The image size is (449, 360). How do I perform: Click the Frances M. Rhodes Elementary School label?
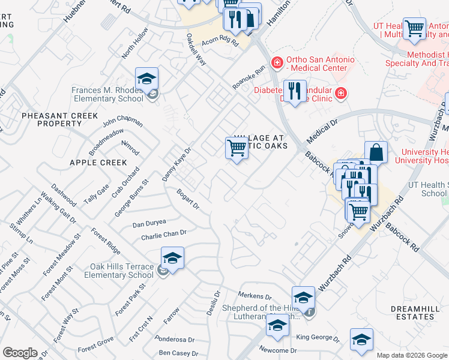click(108, 94)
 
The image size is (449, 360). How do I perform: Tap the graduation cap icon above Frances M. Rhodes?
click(146, 79)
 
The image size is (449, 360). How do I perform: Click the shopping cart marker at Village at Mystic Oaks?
click(237, 148)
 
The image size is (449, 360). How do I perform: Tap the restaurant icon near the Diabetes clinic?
click(294, 92)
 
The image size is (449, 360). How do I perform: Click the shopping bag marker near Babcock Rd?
click(376, 152)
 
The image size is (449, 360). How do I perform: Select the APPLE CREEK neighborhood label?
click(98, 163)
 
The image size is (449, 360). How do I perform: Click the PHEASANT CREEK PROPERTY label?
click(51, 119)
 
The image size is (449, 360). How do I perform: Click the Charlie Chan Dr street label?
click(164, 235)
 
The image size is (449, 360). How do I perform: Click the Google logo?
click(20, 353)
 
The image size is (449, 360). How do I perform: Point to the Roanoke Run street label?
click(249, 78)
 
